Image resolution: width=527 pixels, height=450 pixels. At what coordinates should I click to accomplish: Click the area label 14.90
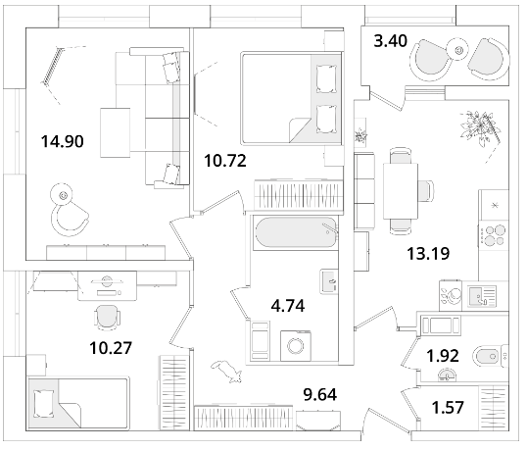click(62, 141)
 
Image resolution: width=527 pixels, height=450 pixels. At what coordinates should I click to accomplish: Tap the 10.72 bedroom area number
click(225, 161)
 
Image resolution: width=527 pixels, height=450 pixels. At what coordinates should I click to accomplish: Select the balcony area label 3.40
click(391, 41)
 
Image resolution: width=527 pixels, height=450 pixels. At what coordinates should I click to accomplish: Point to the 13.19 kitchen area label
click(428, 253)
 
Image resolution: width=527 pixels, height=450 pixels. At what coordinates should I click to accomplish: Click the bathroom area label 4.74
click(288, 306)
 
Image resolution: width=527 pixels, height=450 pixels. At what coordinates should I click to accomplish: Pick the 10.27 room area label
click(111, 348)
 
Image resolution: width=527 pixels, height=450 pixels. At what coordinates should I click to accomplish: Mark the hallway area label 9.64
click(320, 394)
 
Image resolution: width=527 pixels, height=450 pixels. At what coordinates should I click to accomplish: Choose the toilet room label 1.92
click(443, 356)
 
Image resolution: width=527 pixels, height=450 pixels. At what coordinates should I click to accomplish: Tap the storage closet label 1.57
click(448, 407)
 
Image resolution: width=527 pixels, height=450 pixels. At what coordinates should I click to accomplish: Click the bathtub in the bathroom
click(296, 232)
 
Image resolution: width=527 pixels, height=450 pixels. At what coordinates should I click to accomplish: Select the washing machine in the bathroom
click(296, 346)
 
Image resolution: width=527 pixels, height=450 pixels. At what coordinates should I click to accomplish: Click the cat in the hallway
click(227, 371)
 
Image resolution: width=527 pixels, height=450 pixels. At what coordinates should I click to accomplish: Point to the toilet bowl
click(487, 356)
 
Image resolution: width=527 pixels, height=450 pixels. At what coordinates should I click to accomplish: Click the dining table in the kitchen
click(401, 191)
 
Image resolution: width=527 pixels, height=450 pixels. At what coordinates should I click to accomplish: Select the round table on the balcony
click(458, 51)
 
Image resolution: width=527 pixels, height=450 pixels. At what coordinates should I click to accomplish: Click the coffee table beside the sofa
click(116, 132)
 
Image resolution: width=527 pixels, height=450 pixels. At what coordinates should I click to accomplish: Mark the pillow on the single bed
click(44, 403)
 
